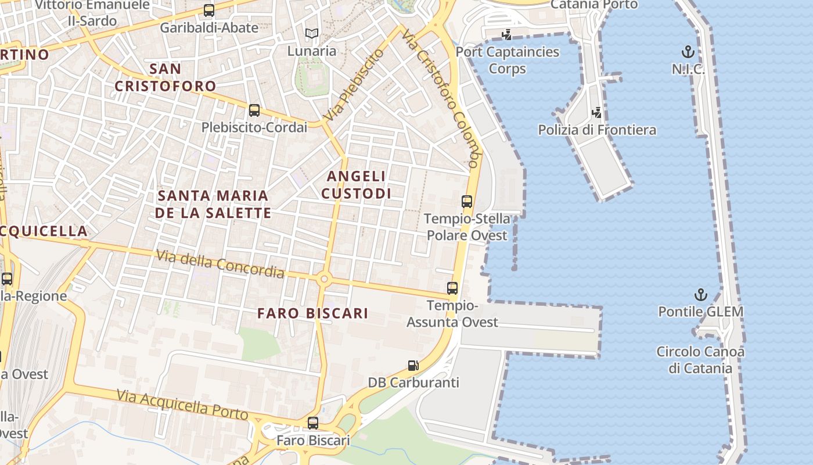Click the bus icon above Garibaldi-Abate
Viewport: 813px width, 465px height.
click(x=208, y=10)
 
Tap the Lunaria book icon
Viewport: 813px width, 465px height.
click(x=312, y=34)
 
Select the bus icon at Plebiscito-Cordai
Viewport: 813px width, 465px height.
click(x=254, y=110)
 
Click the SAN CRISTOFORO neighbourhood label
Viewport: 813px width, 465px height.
click(x=165, y=77)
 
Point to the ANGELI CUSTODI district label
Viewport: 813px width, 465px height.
click(x=357, y=185)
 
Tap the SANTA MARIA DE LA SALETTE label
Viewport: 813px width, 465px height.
click(x=213, y=204)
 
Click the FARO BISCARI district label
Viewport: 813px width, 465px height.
click(x=312, y=313)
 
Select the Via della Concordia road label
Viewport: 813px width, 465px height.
click(x=220, y=263)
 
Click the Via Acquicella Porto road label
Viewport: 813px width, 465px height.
click(x=182, y=405)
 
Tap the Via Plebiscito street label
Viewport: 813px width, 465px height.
click(x=354, y=85)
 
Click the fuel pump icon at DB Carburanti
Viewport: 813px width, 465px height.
click(x=413, y=365)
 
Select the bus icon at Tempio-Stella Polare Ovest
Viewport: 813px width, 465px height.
click(x=466, y=202)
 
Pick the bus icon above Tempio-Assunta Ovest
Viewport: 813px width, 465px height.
click(x=452, y=288)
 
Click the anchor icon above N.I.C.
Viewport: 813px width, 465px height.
click(x=688, y=52)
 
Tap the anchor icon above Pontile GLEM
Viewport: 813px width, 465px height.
click(x=700, y=295)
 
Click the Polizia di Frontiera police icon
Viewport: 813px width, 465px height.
click(x=596, y=112)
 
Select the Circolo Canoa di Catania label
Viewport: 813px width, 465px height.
click(x=700, y=360)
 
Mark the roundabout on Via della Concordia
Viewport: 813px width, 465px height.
click(x=324, y=280)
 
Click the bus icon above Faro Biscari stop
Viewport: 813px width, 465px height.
click(x=313, y=423)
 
